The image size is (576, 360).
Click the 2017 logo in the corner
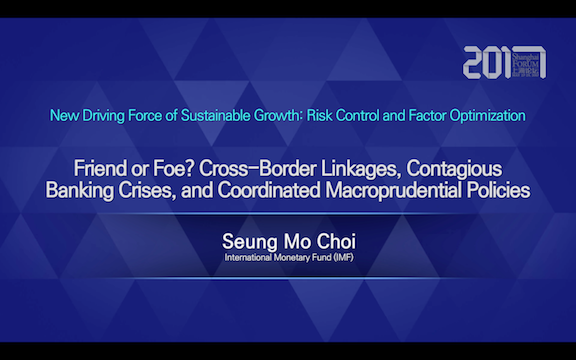pos(504,62)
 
